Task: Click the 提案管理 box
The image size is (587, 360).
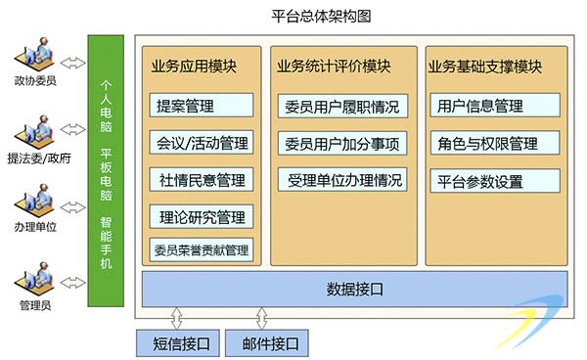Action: (202, 106)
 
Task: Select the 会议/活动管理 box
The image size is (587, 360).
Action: (202, 142)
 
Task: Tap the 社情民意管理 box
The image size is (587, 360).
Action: (202, 180)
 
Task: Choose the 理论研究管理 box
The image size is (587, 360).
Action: (202, 216)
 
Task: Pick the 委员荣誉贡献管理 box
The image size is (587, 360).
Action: (202, 249)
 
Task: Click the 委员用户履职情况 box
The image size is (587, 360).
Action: (342, 107)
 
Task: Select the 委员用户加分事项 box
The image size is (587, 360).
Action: (342, 144)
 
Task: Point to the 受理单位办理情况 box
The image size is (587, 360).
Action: (342, 180)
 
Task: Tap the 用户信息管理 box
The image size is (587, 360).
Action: (495, 106)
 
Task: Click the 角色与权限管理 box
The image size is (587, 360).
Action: (495, 143)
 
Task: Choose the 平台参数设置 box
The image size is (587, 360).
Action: (495, 181)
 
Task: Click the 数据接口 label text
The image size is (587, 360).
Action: (354, 290)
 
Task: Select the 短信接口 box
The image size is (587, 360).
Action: (178, 342)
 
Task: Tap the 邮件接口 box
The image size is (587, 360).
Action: (267, 342)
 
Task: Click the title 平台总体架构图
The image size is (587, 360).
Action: (321, 17)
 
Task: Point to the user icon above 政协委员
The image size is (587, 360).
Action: (35, 56)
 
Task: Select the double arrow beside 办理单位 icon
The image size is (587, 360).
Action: (73, 207)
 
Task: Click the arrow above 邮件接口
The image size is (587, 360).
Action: (261, 318)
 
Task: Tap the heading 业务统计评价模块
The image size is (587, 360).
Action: (334, 67)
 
